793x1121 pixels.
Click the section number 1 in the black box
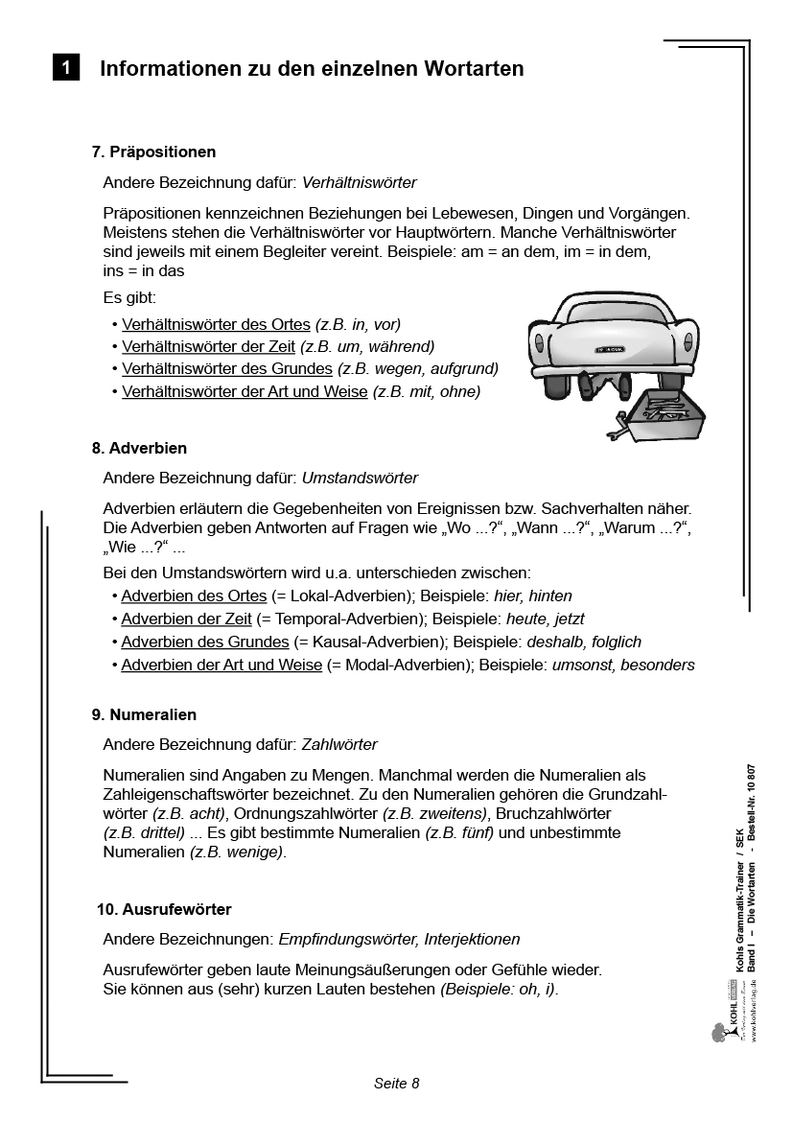[x=65, y=68]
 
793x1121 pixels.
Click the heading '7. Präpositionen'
[x=153, y=152]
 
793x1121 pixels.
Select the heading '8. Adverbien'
[x=139, y=448]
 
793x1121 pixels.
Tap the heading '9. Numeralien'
[x=144, y=714]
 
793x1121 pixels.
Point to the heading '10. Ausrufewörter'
[x=165, y=909]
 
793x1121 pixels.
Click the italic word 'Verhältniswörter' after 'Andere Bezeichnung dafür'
[x=360, y=181]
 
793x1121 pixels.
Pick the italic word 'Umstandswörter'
[x=360, y=478]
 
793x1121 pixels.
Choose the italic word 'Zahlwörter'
[x=339, y=744]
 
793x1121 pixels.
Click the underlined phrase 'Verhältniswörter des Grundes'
[x=226, y=368]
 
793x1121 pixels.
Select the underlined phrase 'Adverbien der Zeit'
[x=186, y=619]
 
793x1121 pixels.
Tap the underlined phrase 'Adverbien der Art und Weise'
[x=222, y=665]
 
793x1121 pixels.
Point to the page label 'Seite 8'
[x=397, y=1084]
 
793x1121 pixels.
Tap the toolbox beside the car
[x=663, y=413]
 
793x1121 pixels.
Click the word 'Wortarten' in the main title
[x=468, y=68]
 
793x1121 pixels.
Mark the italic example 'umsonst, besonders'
[x=623, y=665]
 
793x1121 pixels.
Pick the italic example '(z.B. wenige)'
[x=238, y=852]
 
